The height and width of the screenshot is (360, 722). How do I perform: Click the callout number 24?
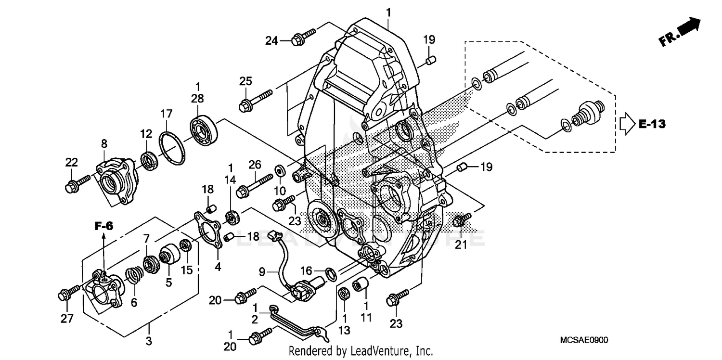pos(271,41)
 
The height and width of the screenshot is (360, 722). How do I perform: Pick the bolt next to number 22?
pos(77,184)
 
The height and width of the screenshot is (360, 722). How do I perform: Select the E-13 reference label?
pos(652,124)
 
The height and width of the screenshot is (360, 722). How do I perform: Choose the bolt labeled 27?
pos(69,293)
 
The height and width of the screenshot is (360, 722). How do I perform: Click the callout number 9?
pos(262,272)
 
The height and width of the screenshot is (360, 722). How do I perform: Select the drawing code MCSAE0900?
pos(584,340)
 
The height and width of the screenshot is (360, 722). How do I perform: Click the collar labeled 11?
pos(361,284)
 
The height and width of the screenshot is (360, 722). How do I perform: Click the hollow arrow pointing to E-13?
pos(626,125)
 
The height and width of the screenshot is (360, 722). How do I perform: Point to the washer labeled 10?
pos(279,171)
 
